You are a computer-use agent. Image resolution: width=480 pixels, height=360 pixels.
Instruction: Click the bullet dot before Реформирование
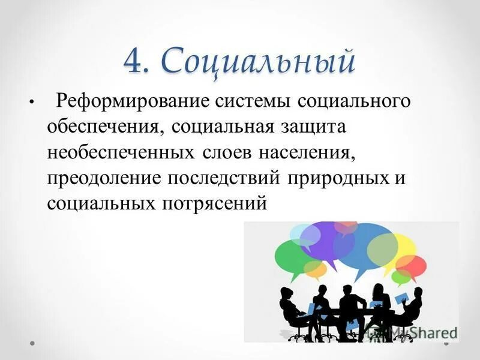[30, 103]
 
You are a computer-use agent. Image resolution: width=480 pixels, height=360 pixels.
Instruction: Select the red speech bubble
[412, 265]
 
